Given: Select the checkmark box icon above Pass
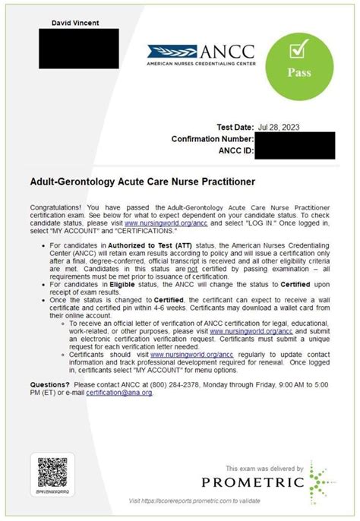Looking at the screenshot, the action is pos(298,51).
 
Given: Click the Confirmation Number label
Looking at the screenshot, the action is pos(213,139).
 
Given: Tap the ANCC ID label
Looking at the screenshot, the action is pos(232,150).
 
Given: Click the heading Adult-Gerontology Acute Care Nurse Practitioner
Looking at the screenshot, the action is pos(142,182).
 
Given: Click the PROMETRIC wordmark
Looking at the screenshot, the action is pos(252,482).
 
